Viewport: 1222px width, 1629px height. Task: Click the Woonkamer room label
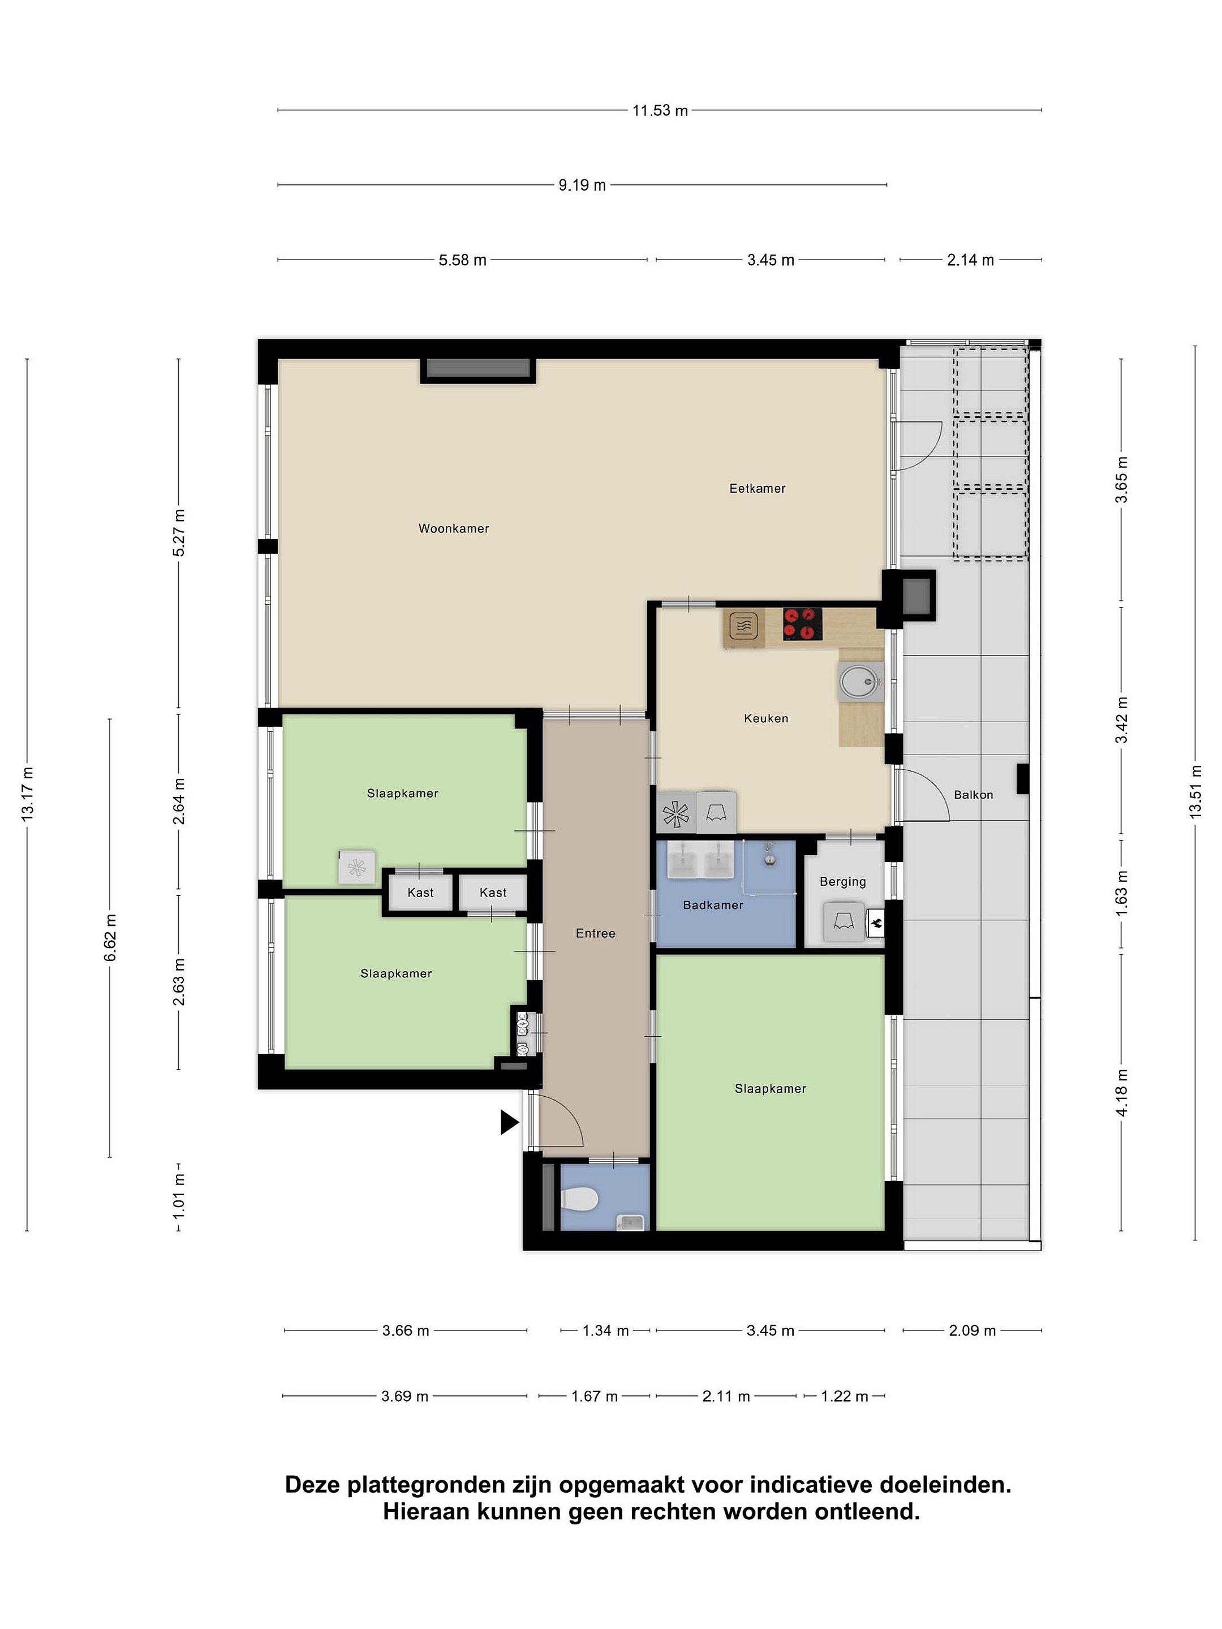454,528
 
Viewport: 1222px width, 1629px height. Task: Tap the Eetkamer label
757,488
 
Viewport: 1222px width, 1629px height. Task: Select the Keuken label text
766,718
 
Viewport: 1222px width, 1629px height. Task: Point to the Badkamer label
713,905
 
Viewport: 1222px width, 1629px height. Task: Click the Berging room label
842,881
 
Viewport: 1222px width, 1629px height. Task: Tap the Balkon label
973,795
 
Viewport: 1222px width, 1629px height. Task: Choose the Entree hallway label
595,933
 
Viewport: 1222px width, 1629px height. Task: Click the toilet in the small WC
579,1201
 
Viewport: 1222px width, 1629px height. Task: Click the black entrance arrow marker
510,1122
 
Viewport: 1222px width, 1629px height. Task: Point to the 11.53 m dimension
660,110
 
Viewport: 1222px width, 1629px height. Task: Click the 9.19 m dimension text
582,185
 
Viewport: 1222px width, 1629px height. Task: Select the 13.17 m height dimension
27,794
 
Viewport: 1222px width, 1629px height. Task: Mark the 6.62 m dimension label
110,937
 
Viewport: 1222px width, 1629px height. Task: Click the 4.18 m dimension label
1121,1092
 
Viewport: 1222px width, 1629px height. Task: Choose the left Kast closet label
420,893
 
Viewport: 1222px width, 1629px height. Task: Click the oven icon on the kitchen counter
744,627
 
